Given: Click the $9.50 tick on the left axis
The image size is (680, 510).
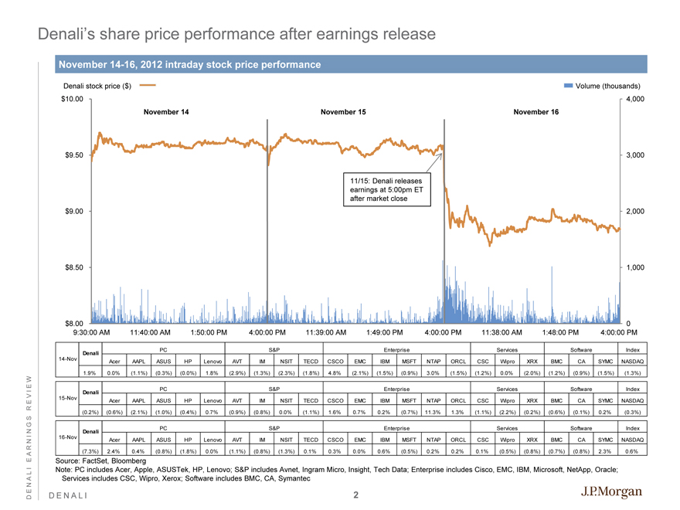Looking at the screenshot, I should point(73,155).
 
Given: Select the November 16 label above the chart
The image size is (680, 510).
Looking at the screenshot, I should point(535,112).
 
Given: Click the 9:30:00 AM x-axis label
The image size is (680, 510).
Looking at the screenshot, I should point(96,333).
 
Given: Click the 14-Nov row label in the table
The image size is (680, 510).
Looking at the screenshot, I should point(68,359).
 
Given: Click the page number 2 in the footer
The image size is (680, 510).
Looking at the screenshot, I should point(355,495).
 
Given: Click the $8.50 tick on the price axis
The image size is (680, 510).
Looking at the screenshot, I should point(73,267).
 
